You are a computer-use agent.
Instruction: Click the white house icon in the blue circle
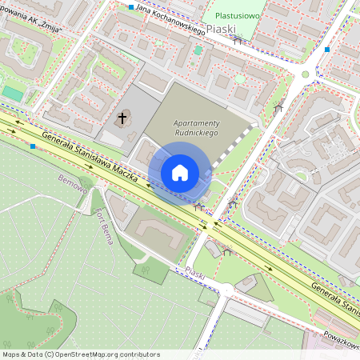(180, 172)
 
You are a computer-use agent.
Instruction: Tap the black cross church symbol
(122, 119)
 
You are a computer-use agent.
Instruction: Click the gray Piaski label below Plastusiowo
(222, 29)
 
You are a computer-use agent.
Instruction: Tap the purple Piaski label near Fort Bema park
(195, 274)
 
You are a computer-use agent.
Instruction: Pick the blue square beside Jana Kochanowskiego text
(131, 6)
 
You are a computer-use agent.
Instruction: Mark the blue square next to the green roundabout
(326, 50)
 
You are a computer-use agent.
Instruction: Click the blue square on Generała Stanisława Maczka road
(32, 146)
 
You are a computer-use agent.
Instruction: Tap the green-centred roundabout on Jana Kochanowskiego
(304, 74)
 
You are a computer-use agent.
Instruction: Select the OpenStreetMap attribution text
(81, 354)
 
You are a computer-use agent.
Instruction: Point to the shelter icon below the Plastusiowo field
(237, 39)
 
